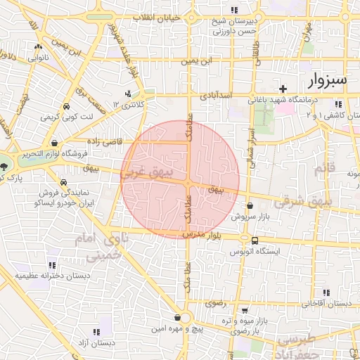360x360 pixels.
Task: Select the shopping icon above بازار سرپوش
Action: (250, 206)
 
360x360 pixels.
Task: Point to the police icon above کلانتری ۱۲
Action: (127, 94)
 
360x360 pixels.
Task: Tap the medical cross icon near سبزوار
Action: (283, 89)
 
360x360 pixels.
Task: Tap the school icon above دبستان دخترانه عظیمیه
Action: (51, 265)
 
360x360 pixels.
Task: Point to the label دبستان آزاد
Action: (96, 343)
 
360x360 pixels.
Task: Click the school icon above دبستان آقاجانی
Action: (326, 294)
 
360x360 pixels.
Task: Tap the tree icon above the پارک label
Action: (6, 166)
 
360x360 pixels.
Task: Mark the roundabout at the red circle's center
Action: (188, 183)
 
